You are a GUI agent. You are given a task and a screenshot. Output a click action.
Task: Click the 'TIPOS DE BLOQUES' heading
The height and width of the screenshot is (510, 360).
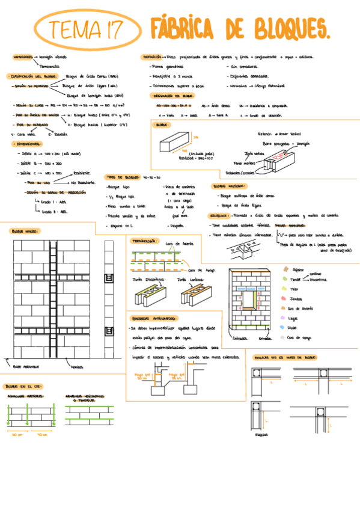[x=123, y=177]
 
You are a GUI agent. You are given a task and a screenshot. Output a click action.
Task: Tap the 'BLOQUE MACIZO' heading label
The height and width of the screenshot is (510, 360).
[x=23, y=230]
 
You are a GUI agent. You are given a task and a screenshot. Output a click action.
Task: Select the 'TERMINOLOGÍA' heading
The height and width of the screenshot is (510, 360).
[x=144, y=240]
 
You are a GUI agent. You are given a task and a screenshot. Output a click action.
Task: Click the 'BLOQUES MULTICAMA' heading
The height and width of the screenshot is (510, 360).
[x=228, y=187]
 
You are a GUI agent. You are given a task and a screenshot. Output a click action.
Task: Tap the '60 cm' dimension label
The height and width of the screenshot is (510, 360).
[x=16, y=434]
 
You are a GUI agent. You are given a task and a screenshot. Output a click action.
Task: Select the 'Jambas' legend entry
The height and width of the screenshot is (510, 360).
[x=295, y=299]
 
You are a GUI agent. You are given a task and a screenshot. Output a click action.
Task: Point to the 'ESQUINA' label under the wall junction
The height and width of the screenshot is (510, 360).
[x=261, y=434]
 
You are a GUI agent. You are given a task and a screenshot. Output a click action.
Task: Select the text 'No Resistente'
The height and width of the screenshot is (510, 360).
[x=82, y=182]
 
